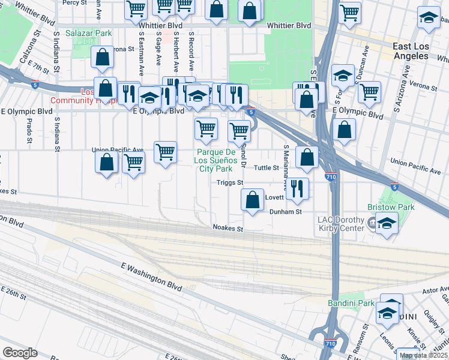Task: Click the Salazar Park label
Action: tap(89, 34)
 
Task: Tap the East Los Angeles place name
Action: tap(419, 51)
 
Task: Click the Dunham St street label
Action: tap(285, 212)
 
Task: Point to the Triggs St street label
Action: tap(230, 182)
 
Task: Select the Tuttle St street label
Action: tap(267, 168)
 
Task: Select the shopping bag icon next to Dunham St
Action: tap(253, 200)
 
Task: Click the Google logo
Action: tap(20, 353)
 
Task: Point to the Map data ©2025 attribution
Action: tap(423, 355)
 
